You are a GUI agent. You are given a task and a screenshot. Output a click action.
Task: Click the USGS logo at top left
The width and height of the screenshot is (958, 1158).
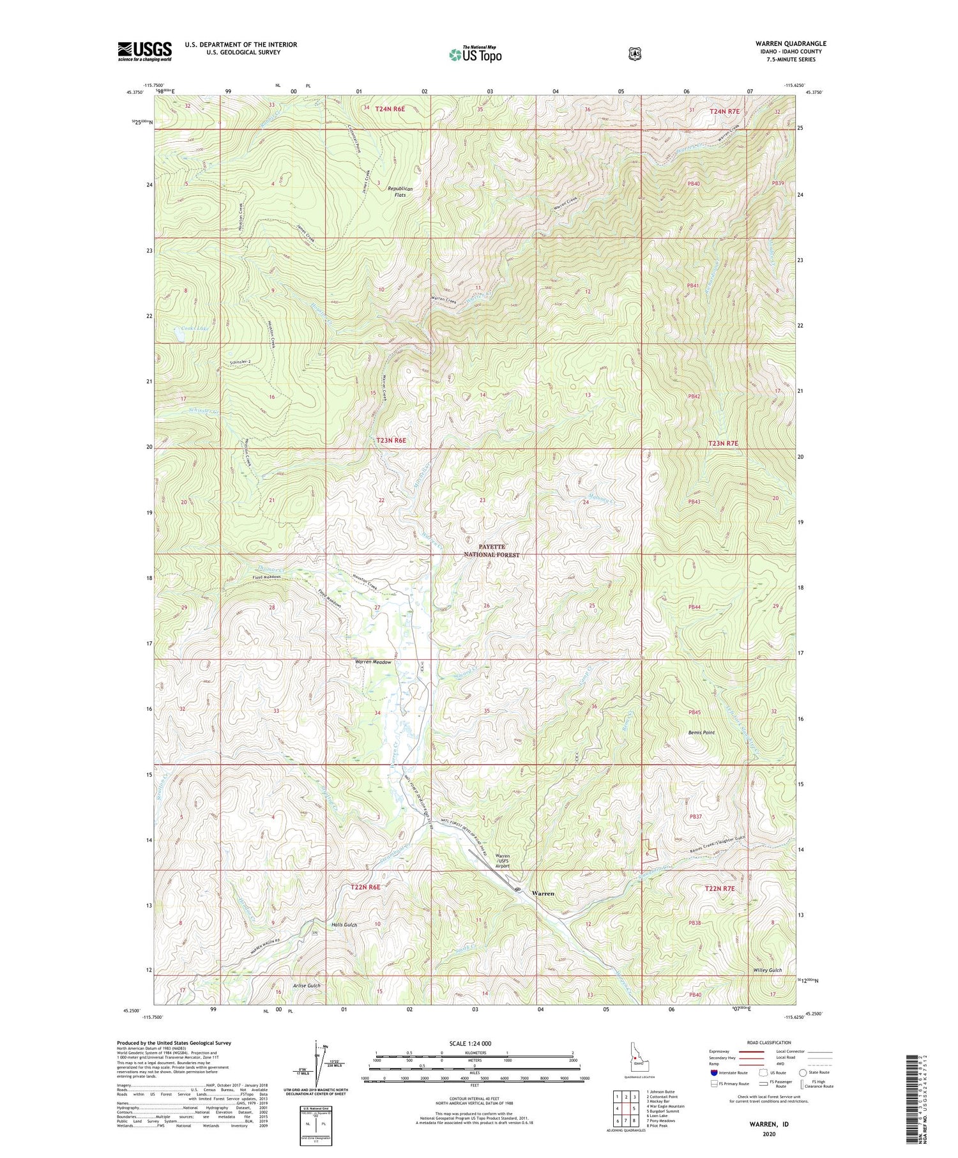pos(144,51)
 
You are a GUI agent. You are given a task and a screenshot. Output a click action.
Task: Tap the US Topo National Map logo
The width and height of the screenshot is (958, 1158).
pos(475,54)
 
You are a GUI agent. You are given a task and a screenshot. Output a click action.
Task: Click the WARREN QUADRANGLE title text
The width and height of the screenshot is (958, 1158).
pos(790,44)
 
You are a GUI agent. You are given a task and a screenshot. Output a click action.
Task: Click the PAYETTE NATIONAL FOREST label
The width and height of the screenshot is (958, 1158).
pos(492,551)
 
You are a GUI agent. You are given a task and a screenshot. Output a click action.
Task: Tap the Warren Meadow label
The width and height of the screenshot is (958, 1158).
pos(373,662)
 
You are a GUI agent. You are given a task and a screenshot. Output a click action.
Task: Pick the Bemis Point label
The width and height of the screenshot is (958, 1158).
pos(701,733)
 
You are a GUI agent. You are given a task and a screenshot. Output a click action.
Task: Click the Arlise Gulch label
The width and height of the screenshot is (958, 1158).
pos(307,986)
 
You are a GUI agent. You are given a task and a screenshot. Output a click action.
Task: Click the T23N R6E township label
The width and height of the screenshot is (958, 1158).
pos(391,441)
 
